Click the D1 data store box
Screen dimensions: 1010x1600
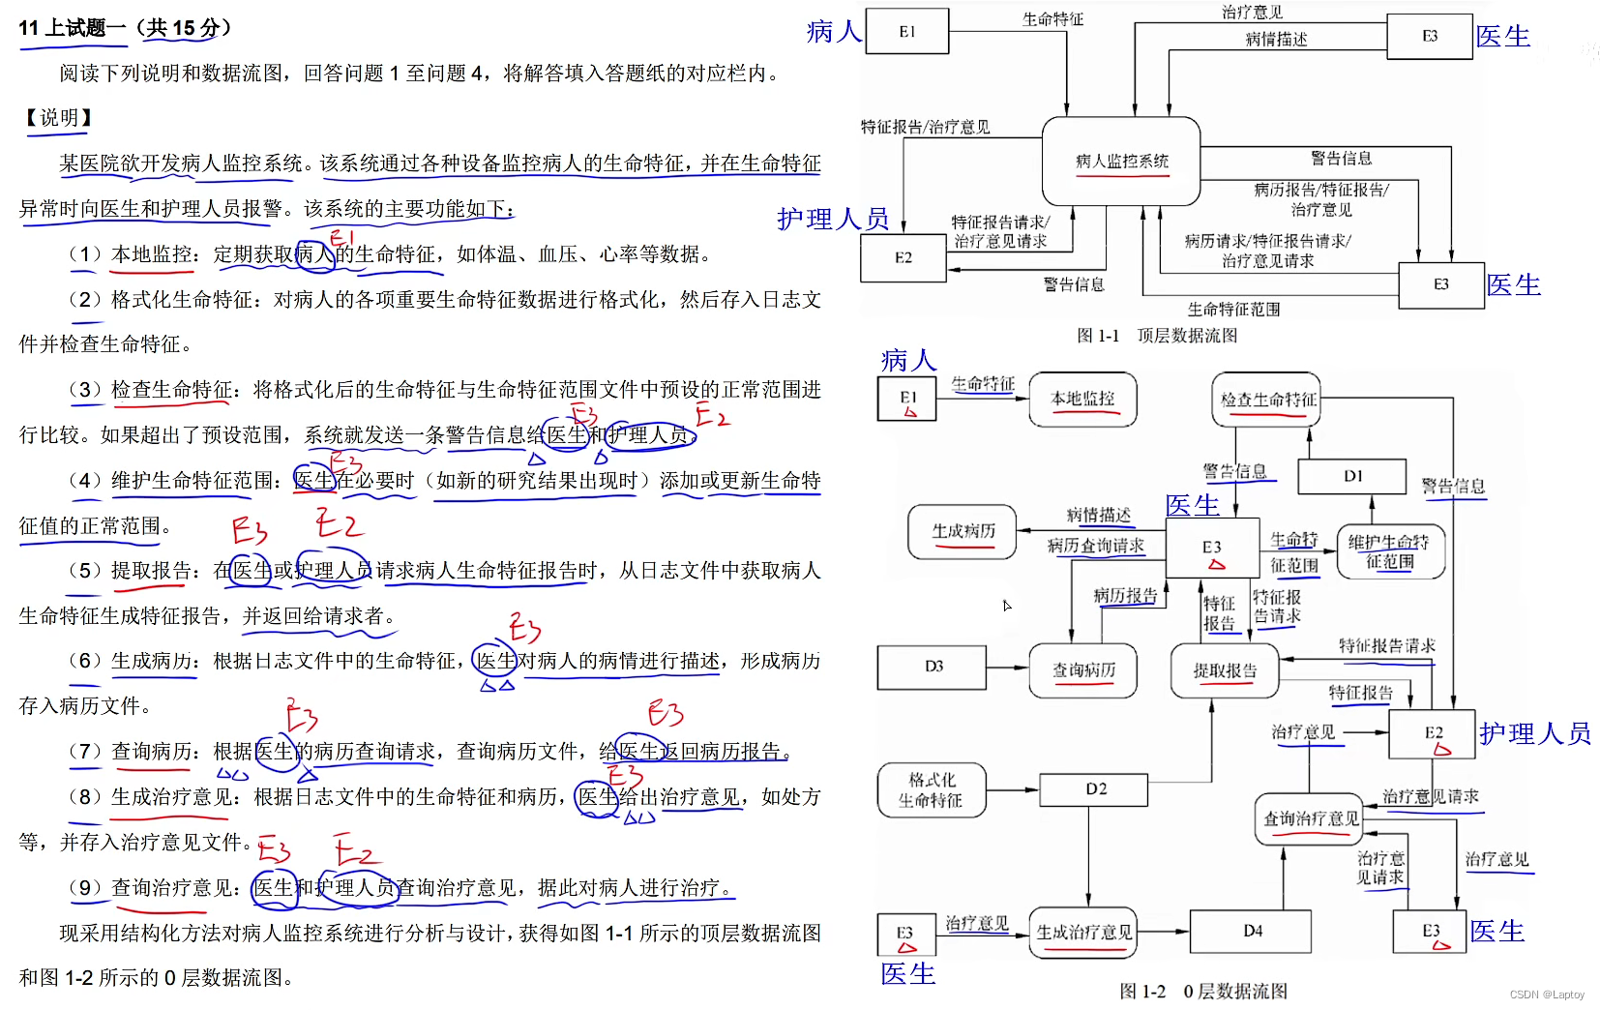coord(1351,476)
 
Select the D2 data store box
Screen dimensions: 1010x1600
coord(1094,789)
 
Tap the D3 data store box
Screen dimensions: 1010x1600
coord(932,667)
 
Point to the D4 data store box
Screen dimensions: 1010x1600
coord(1251,931)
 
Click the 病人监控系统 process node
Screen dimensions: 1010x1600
coord(1121,161)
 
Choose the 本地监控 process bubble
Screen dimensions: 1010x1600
coord(1082,399)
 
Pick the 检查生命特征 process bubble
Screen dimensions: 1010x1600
coord(1266,399)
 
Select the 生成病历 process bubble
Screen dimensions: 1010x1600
coord(963,531)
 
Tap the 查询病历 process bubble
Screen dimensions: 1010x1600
coord(1082,669)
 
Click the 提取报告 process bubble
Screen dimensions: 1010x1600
coord(1224,670)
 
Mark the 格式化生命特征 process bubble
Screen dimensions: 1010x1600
coord(931,789)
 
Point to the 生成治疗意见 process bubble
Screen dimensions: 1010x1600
coord(1082,932)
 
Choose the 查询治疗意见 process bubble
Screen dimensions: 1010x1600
coord(1310,818)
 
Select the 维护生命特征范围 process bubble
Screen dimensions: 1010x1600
coord(1389,551)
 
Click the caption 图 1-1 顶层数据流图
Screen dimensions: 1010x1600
coord(1157,336)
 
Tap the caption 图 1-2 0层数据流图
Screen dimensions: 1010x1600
coord(1202,991)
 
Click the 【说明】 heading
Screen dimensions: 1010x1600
coord(59,118)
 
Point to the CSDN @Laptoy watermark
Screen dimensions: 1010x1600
coord(1547,995)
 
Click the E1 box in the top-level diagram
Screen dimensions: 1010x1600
coord(906,31)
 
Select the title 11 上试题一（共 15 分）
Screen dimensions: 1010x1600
coord(125,28)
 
